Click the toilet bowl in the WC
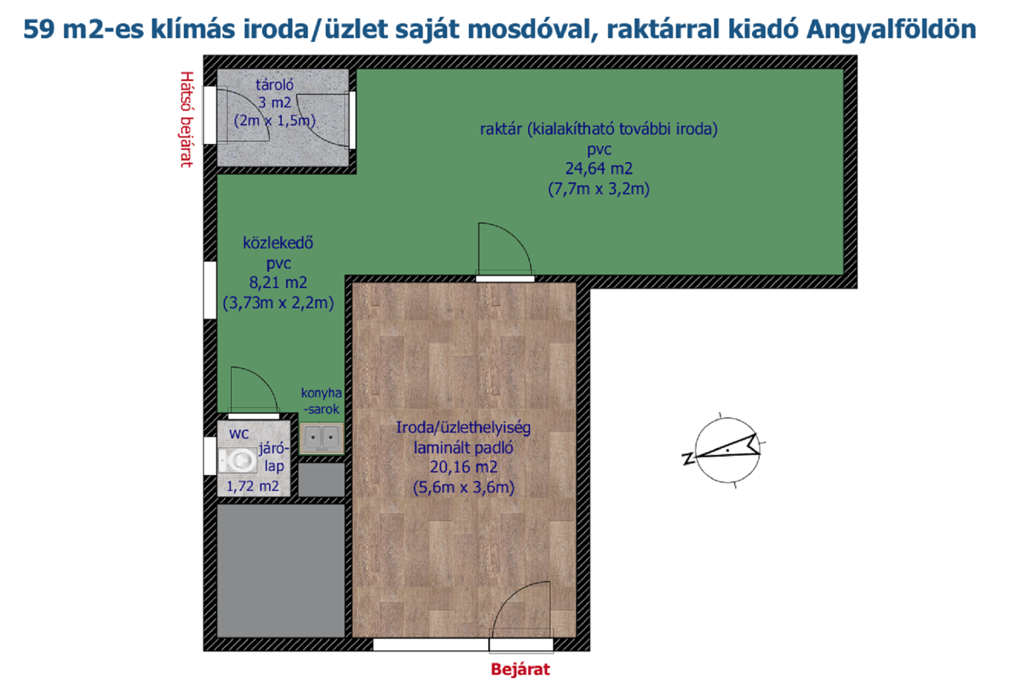point(238,461)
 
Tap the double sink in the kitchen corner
point(322,438)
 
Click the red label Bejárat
point(520,669)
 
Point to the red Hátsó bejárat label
point(187,119)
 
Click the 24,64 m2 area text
point(599,169)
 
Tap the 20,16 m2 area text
point(463,467)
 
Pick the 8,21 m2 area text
point(278,283)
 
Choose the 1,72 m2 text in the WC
point(253,487)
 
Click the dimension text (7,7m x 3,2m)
point(599,189)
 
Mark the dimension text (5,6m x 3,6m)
point(463,487)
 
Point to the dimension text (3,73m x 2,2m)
point(278,303)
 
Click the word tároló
point(275,85)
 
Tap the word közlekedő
point(278,243)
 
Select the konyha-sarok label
point(321,401)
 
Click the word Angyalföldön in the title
point(891,30)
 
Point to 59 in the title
point(39,29)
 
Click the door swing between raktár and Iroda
point(505,250)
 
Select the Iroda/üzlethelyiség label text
point(463,428)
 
